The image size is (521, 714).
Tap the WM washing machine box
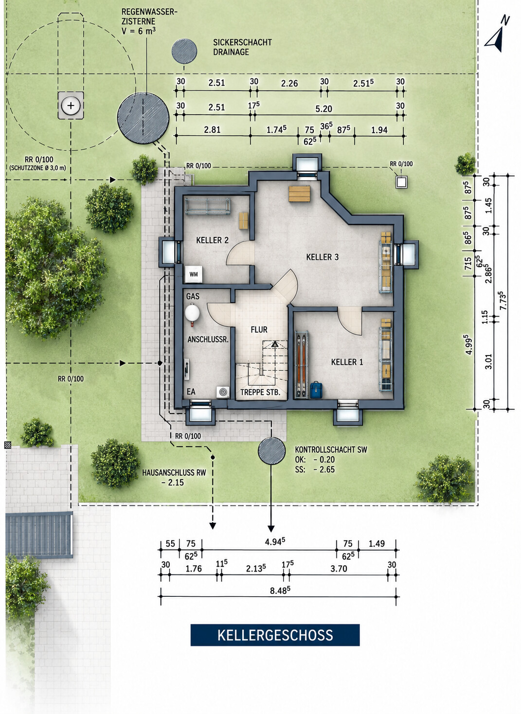click(x=193, y=274)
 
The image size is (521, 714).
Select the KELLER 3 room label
click(x=323, y=257)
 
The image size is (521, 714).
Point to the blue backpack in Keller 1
click(x=316, y=390)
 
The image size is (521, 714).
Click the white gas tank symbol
click(x=193, y=313)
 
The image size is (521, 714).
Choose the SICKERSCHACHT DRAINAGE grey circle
click(x=184, y=51)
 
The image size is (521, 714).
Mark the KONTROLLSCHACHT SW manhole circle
click(x=271, y=451)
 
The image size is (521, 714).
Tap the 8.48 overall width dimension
click(x=280, y=590)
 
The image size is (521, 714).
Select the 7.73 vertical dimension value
click(x=503, y=301)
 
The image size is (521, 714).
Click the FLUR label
click(x=259, y=330)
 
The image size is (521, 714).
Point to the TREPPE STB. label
click(x=260, y=393)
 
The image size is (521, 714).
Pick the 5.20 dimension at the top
click(x=323, y=109)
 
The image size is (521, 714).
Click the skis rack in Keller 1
click(x=302, y=364)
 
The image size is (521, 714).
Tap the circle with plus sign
click(x=71, y=105)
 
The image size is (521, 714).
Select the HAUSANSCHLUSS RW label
click(x=174, y=473)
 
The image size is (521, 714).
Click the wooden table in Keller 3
click(x=299, y=194)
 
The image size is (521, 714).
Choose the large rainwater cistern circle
click(x=143, y=118)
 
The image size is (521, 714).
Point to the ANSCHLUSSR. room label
click(x=208, y=339)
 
